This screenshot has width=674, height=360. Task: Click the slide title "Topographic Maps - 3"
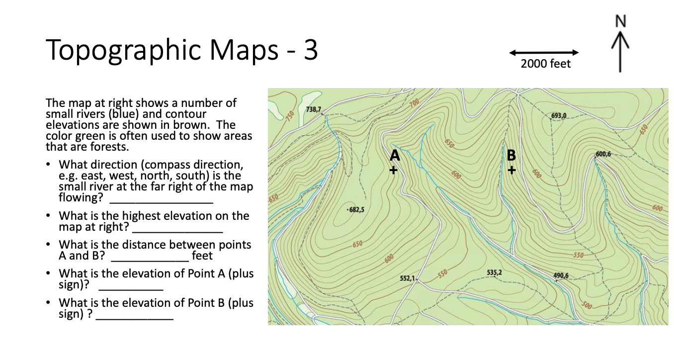click(182, 51)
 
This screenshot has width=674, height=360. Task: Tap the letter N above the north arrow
click(620, 21)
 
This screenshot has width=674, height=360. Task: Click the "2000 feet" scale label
click(546, 64)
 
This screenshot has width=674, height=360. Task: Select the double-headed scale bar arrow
click(544, 52)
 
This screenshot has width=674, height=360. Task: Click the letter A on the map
click(395, 156)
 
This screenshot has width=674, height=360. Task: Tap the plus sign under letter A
click(394, 170)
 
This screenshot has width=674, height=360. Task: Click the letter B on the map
click(511, 156)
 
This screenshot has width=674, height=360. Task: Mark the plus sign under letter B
click(512, 170)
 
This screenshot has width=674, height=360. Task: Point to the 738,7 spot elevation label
click(314, 109)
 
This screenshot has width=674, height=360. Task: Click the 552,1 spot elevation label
click(408, 277)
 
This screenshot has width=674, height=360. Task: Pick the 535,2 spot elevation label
click(495, 272)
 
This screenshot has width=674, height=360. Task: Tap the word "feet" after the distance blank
click(202, 256)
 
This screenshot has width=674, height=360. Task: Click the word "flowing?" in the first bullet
click(82, 197)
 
